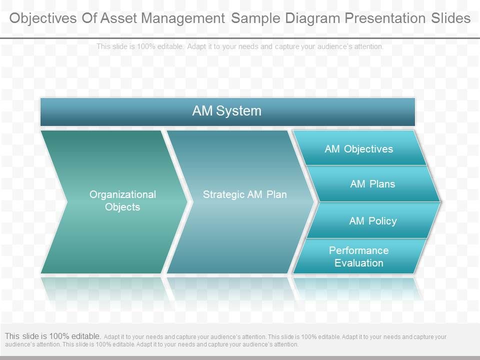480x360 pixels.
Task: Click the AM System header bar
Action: pyautogui.click(x=227, y=111)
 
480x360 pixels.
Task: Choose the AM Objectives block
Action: pyautogui.click(x=358, y=149)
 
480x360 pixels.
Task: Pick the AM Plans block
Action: pyautogui.click(x=372, y=184)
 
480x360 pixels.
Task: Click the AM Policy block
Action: pyautogui.click(x=372, y=221)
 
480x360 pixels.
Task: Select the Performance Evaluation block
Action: pyautogui.click(x=358, y=256)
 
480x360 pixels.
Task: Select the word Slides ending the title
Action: pyautogui.click(x=450, y=18)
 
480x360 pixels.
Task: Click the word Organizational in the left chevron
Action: pyautogui.click(x=122, y=194)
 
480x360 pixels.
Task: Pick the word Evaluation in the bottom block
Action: pyautogui.click(x=358, y=263)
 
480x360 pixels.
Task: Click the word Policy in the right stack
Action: pyautogui.click(x=383, y=221)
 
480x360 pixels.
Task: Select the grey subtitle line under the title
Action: pyautogui.click(x=240, y=46)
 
